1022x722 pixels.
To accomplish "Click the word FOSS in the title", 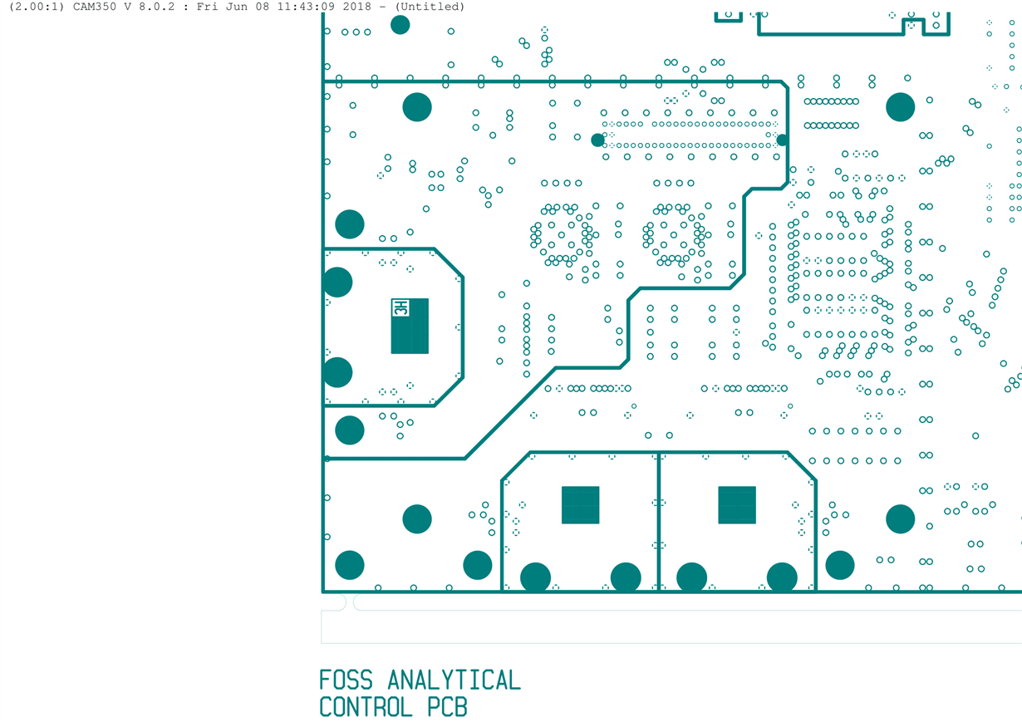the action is coord(346,680).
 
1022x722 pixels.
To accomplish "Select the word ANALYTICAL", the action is coord(454,680).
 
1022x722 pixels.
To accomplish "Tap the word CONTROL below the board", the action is coord(366,707).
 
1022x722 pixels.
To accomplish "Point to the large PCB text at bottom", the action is coord(448,707).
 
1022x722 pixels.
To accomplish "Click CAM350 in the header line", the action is coord(95,7).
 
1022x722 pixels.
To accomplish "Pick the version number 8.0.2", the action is coord(156,7).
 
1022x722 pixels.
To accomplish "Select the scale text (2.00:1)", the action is coord(37,7).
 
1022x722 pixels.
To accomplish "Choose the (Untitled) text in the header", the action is coord(430,7).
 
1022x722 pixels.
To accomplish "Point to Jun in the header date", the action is coord(236,7).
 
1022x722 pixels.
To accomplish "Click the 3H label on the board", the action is coord(400,308).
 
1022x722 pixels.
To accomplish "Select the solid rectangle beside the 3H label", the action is coord(410,327).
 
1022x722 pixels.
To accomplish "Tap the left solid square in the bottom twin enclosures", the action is coord(580,505).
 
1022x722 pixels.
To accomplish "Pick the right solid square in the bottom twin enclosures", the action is coord(737,505).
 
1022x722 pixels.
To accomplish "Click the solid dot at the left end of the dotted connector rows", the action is coord(597,140).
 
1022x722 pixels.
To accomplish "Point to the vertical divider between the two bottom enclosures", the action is coord(659,523).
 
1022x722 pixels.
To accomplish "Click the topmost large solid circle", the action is coord(400,25).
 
